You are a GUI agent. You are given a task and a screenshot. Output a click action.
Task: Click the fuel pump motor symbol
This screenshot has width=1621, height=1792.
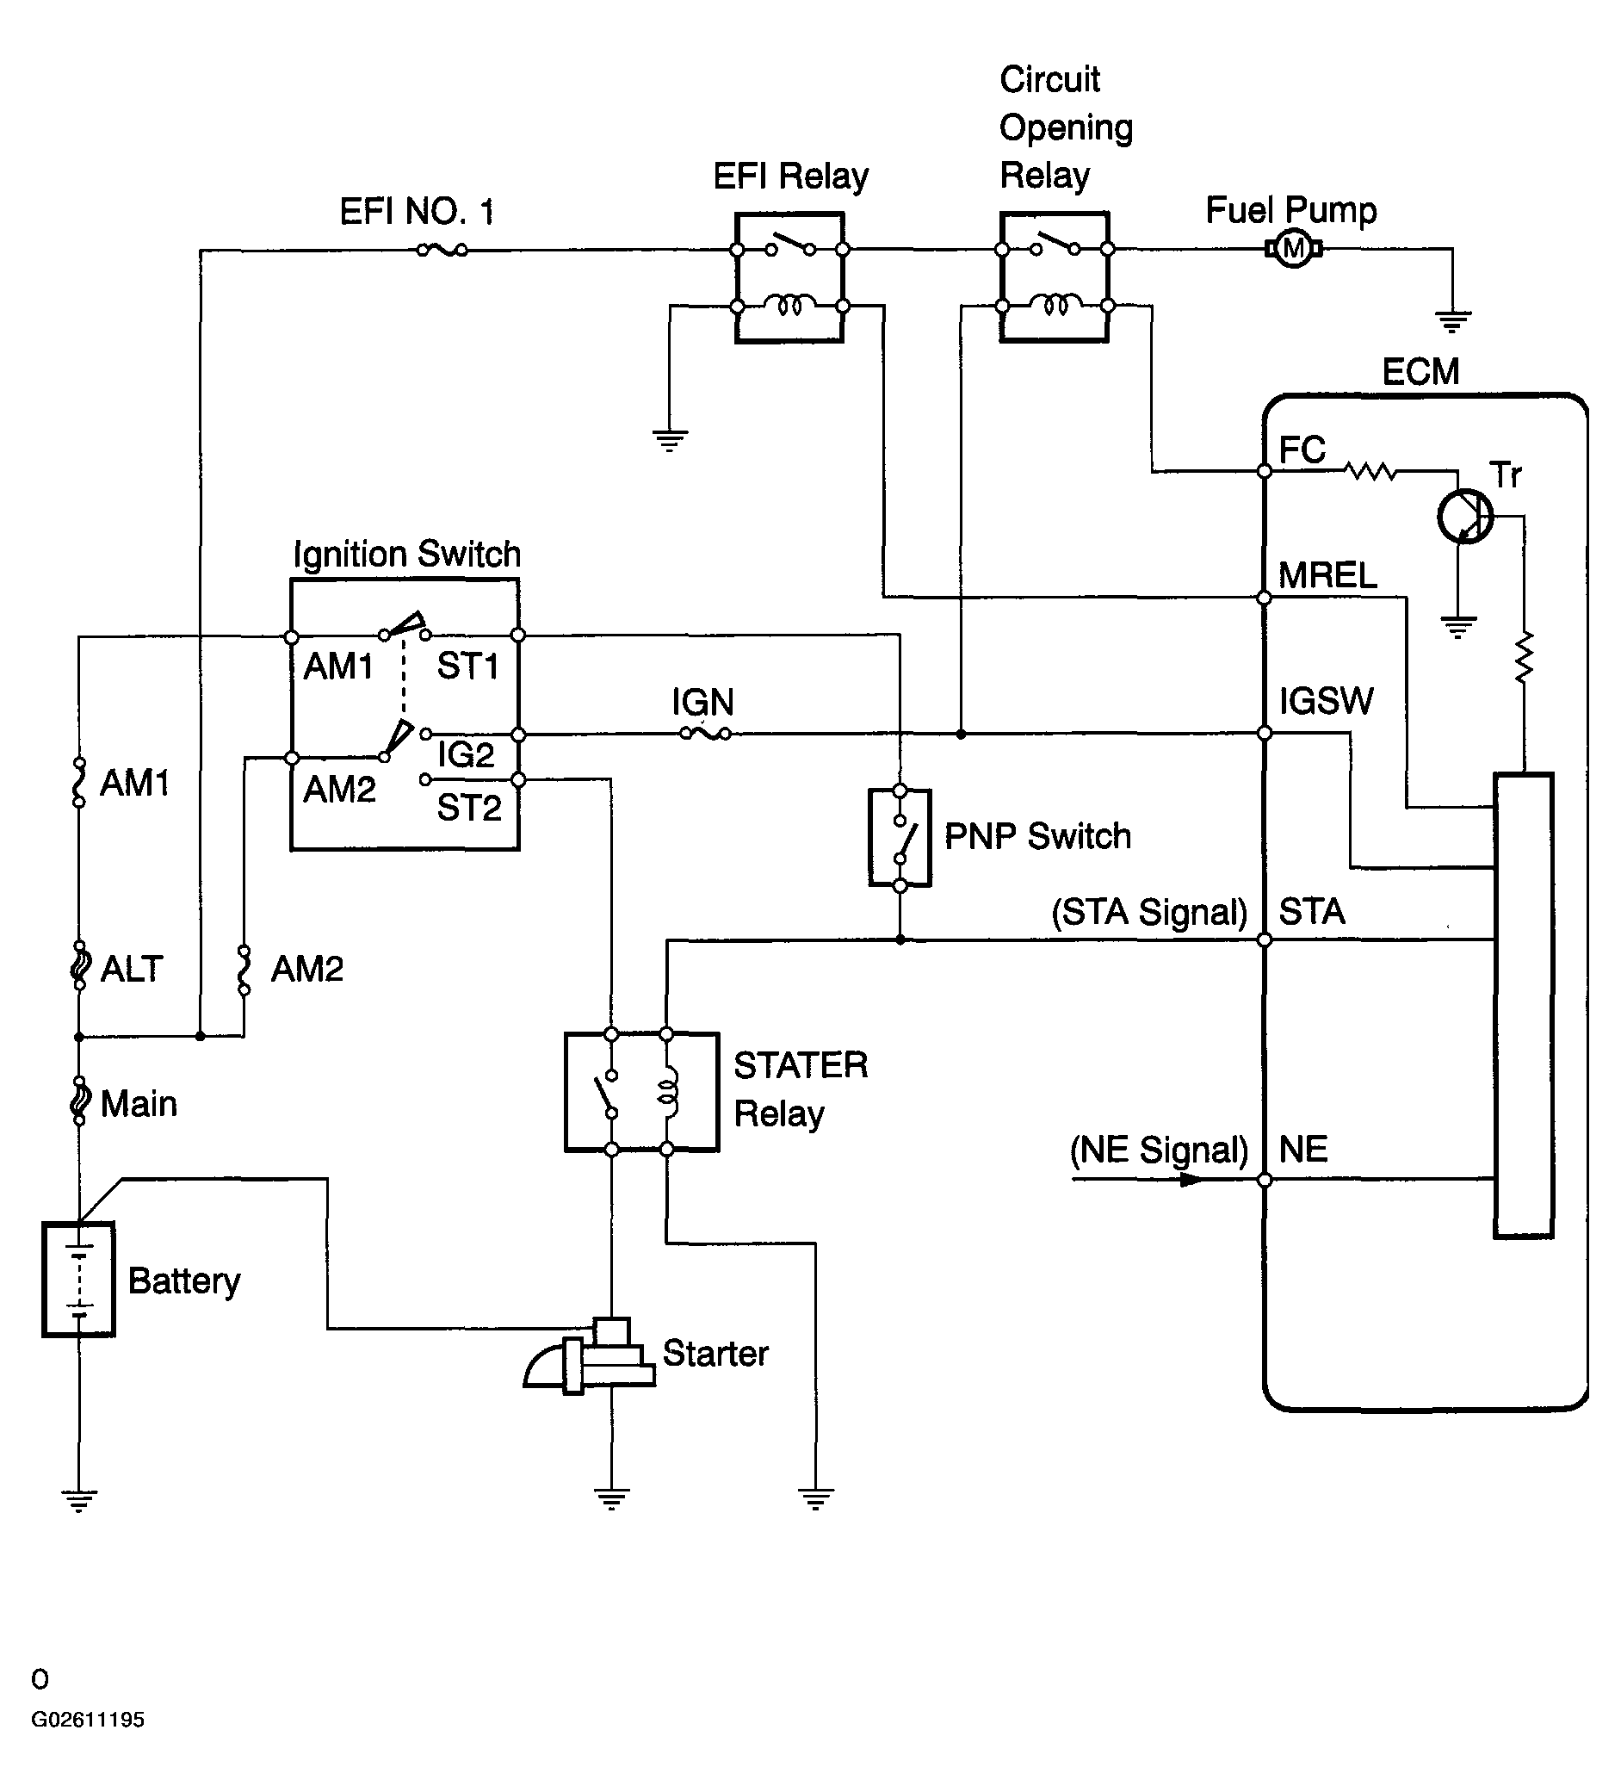pyautogui.click(x=1294, y=249)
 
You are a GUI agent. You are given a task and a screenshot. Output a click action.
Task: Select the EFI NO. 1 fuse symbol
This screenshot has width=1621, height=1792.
pyautogui.click(x=442, y=251)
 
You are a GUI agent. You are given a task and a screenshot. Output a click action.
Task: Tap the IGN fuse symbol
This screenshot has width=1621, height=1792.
pyautogui.click(x=706, y=734)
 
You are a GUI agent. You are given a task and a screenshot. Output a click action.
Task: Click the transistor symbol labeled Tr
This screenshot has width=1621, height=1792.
pyautogui.click(x=1464, y=516)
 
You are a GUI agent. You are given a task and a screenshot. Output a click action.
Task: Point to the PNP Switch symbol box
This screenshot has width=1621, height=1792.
pyautogui.click(x=900, y=837)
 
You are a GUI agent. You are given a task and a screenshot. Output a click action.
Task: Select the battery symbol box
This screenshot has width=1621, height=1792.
pyautogui.click(x=78, y=1279)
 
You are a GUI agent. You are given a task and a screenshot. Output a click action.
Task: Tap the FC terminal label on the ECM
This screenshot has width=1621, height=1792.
pyautogui.click(x=1302, y=450)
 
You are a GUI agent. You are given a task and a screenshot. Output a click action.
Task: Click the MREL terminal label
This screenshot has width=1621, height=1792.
pyautogui.click(x=1327, y=575)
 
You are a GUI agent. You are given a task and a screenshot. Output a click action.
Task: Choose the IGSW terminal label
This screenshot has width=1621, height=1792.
pyautogui.click(x=1326, y=701)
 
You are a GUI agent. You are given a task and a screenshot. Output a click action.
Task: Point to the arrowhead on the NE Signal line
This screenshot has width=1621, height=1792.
pyautogui.click(x=1191, y=1180)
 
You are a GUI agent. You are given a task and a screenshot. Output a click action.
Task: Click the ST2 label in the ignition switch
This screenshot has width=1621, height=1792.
pyautogui.click(x=469, y=808)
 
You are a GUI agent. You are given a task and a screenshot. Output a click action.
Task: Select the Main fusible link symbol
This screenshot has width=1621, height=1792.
pyautogui.click(x=79, y=1101)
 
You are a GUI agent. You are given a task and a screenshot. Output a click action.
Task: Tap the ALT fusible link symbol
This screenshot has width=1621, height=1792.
pyautogui.click(x=80, y=966)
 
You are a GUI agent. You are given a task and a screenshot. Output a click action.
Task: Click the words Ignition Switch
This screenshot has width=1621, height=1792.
pyautogui.click(x=407, y=554)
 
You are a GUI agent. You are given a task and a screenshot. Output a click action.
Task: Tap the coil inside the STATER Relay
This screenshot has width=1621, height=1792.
pyautogui.click(x=668, y=1092)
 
